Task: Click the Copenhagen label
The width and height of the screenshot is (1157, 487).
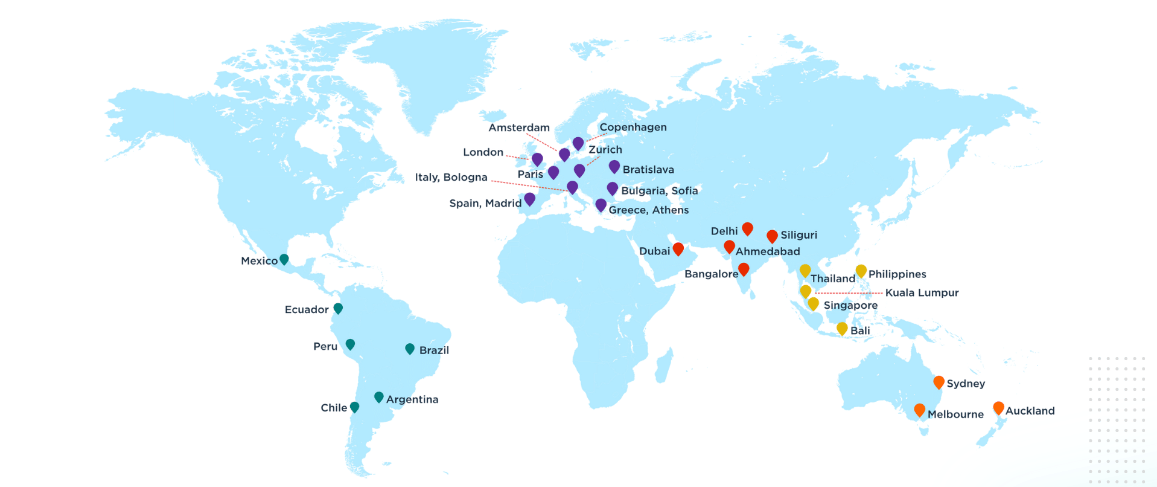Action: click(x=633, y=127)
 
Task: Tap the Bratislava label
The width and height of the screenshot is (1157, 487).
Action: click(x=648, y=170)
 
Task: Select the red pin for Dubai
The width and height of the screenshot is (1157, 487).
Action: click(x=678, y=248)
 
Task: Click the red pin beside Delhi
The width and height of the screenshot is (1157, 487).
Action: click(x=747, y=228)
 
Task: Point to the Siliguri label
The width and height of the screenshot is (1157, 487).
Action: click(x=798, y=235)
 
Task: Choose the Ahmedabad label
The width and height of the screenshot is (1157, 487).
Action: click(x=768, y=251)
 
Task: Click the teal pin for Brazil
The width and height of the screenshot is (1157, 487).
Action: click(x=410, y=349)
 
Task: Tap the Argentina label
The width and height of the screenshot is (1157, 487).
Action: click(x=412, y=399)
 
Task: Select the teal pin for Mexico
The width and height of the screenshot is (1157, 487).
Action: click(x=284, y=259)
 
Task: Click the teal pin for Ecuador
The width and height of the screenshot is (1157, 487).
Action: click(x=339, y=308)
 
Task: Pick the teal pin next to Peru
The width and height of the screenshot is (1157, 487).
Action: click(x=350, y=344)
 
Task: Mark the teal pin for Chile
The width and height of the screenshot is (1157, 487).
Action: click(x=354, y=407)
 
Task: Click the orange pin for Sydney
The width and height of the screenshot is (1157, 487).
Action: click(x=939, y=381)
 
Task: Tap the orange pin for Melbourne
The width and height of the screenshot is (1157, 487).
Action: click(x=919, y=410)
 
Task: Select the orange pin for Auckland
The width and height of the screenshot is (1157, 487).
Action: click(x=998, y=407)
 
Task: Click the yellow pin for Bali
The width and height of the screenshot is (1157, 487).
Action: click(x=842, y=328)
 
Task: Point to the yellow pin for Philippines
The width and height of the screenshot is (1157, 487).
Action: click(x=861, y=270)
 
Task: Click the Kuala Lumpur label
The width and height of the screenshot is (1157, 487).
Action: click(x=922, y=293)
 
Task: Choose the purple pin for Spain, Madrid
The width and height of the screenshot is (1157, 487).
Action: click(x=530, y=198)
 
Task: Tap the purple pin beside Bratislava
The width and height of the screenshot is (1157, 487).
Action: click(x=614, y=166)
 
